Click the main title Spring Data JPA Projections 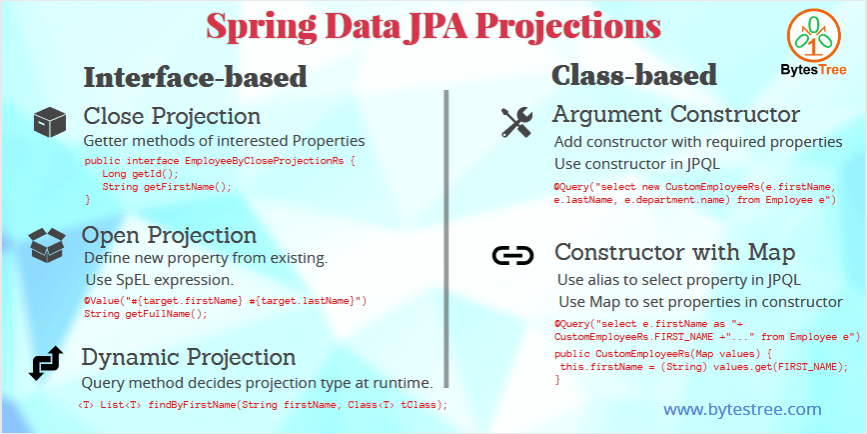(x=433, y=26)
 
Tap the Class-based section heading (x=634, y=74)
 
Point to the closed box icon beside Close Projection (x=49, y=123)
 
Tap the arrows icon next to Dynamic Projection (x=47, y=362)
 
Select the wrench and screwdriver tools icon (x=516, y=122)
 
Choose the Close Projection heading (x=172, y=115)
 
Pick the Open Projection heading (x=169, y=235)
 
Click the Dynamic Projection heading (x=188, y=357)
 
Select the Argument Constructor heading (x=676, y=113)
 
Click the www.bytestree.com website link (x=742, y=409)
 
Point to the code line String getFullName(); (x=146, y=313)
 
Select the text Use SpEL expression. (x=159, y=278)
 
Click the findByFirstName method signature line (x=263, y=404)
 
